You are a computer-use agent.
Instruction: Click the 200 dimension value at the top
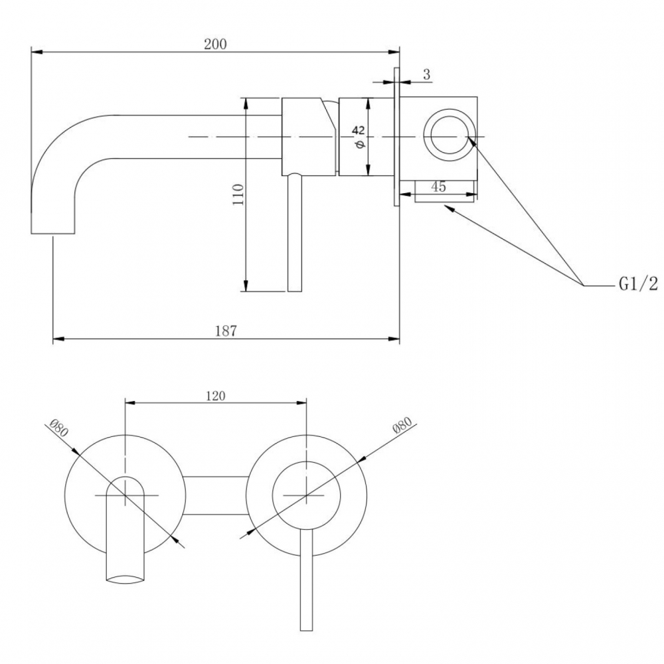click(x=216, y=44)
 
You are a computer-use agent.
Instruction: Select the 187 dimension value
click(x=226, y=331)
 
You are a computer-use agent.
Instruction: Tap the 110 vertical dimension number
click(x=238, y=195)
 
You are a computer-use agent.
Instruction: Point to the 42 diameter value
click(x=358, y=130)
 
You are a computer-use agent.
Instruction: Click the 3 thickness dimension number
click(x=426, y=74)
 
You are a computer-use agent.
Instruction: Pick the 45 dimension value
click(x=439, y=187)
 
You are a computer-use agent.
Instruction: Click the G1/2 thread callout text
click(x=638, y=284)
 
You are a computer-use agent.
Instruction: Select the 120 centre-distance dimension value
click(x=216, y=396)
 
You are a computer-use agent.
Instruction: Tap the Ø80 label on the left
click(x=58, y=428)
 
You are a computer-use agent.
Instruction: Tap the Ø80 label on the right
click(x=402, y=425)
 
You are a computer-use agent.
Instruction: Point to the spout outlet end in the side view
click(x=53, y=233)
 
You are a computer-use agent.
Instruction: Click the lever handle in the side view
click(x=295, y=233)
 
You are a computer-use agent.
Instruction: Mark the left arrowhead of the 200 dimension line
click(x=37, y=52)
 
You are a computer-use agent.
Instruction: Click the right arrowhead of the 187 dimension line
click(x=394, y=339)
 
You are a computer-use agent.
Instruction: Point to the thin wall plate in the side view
click(x=397, y=137)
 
